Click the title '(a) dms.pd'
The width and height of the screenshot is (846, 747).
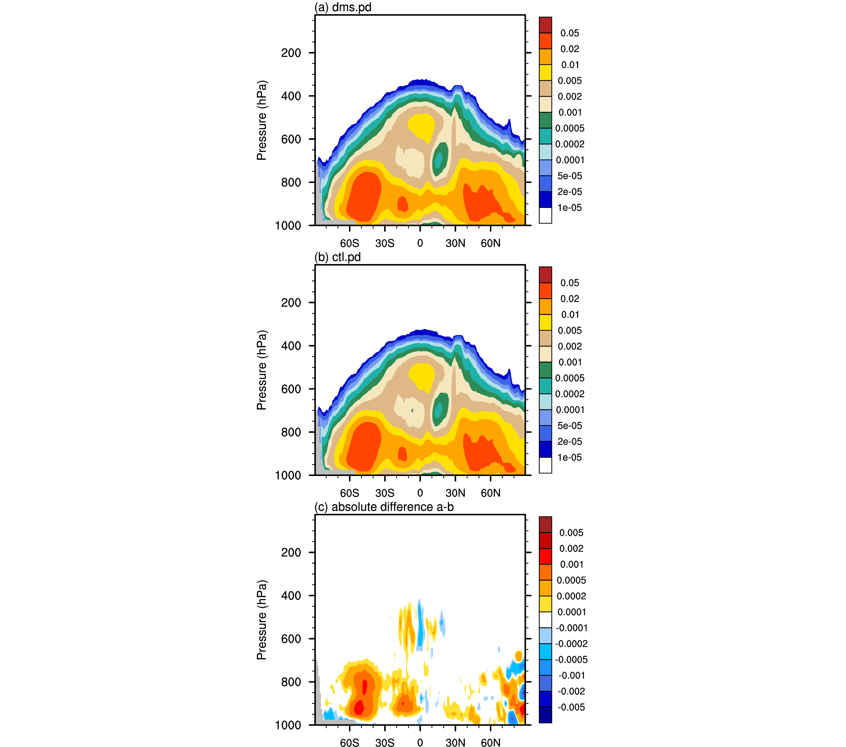[343, 7]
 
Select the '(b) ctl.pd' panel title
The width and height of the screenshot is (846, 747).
[337, 257]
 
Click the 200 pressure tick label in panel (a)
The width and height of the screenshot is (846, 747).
[291, 53]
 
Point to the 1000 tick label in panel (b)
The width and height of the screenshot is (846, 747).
[288, 476]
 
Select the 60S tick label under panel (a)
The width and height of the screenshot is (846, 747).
[349, 243]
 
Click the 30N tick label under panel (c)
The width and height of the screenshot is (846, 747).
[455, 743]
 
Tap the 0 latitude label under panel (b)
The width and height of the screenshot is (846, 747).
[420, 493]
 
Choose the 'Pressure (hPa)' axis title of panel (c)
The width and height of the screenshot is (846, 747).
[261, 620]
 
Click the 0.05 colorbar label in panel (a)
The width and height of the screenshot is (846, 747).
[570, 33]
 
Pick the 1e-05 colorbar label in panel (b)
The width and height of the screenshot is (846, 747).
[570, 457]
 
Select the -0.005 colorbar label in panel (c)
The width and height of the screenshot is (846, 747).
[571, 707]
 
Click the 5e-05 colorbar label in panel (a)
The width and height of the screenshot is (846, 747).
[570, 176]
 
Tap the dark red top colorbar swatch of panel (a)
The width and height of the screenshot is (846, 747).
[545, 25]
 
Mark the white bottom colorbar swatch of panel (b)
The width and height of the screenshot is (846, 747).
[545, 465]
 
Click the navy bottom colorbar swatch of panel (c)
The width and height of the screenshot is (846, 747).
[545, 715]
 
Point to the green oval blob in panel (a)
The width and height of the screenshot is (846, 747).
[440, 159]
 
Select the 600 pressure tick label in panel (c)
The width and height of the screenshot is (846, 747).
[291, 639]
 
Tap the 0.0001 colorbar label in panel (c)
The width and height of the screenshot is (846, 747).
[571, 612]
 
